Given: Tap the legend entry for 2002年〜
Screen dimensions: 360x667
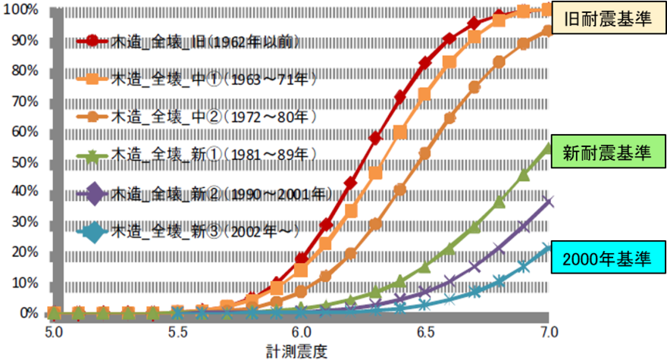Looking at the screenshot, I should [193, 230].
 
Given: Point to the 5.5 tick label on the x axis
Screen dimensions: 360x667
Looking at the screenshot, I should [177, 331].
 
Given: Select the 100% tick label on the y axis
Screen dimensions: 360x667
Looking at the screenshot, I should [23, 10].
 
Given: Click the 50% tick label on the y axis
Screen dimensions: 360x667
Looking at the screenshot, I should [26, 161].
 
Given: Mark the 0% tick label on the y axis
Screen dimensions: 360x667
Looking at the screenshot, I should [29, 312].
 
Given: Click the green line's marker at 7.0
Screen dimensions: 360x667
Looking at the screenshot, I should [549, 149].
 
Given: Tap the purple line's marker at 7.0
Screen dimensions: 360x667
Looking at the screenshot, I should [549, 202].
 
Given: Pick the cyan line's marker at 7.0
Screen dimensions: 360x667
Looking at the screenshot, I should [549, 247].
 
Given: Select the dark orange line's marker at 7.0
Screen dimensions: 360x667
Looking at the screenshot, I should [549, 31].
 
